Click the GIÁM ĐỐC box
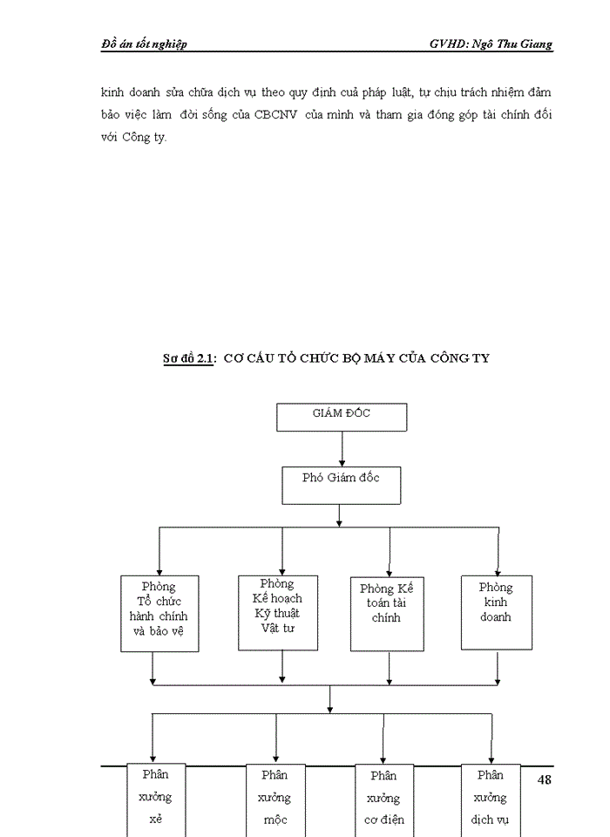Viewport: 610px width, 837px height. point(342,417)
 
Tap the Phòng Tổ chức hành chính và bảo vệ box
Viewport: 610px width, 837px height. point(159,613)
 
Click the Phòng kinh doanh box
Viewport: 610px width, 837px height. point(496,612)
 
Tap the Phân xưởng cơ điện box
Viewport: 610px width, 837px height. point(383,799)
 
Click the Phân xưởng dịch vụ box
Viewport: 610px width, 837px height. point(490,799)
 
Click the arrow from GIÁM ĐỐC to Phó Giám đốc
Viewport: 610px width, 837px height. point(342,448)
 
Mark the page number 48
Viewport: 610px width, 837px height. point(545,779)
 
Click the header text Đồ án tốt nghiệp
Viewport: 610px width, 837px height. point(144,44)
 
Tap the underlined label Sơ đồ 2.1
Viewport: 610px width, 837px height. point(188,358)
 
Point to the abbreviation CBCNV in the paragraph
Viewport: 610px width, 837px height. point(277,116)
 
